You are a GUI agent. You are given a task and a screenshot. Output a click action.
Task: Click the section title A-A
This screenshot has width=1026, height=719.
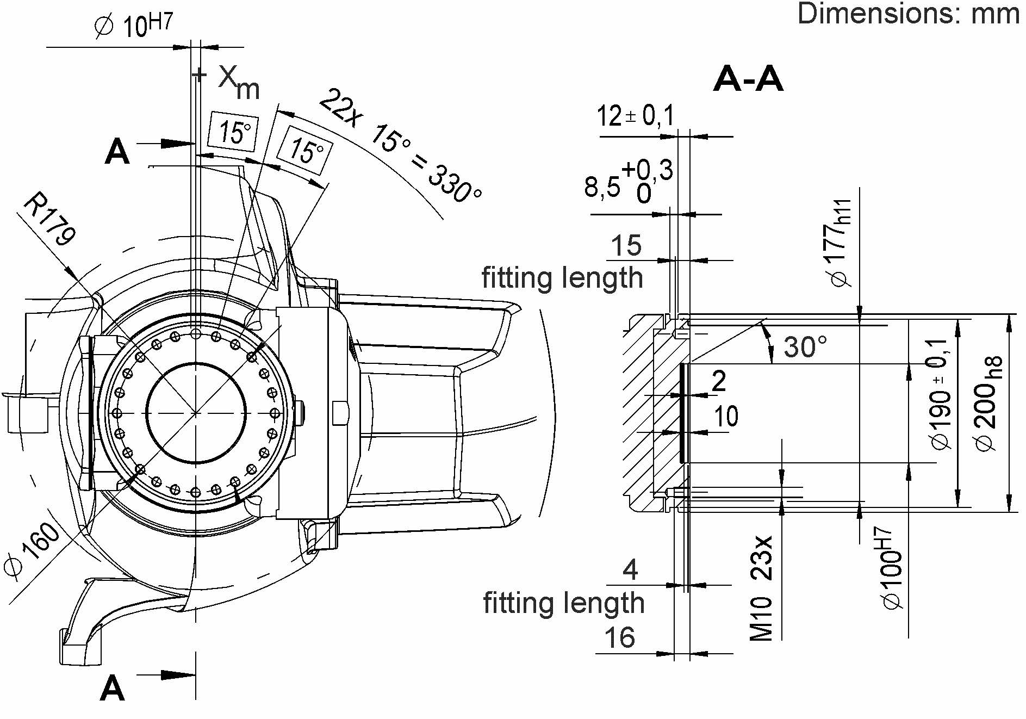748,79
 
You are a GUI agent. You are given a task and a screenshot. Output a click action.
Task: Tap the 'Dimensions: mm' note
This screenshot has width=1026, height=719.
907,14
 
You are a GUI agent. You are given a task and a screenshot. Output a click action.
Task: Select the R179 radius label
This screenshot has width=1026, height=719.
49,219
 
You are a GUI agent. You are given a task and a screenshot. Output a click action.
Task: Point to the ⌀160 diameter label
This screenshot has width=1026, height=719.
32,549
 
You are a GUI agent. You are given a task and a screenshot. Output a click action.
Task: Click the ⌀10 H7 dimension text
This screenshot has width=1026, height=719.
134,26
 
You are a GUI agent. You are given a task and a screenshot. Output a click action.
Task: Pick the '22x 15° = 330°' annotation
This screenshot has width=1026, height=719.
400,147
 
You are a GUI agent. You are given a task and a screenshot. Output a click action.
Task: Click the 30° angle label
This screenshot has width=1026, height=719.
805,346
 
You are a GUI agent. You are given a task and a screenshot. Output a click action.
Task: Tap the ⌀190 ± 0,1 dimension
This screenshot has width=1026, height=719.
942,394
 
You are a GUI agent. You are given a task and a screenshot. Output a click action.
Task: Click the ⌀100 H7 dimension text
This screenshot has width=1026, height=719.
891,568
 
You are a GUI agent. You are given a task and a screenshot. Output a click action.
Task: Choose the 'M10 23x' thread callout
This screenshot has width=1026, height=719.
761,588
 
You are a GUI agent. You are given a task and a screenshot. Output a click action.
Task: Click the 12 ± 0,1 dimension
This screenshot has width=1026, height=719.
635,116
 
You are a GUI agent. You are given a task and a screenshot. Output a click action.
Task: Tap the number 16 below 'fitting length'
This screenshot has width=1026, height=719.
619,637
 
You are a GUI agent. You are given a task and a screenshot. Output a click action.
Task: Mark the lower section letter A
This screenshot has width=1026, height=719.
113,689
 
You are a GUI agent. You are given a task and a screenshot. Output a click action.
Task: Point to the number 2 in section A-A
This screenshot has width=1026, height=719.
718,381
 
